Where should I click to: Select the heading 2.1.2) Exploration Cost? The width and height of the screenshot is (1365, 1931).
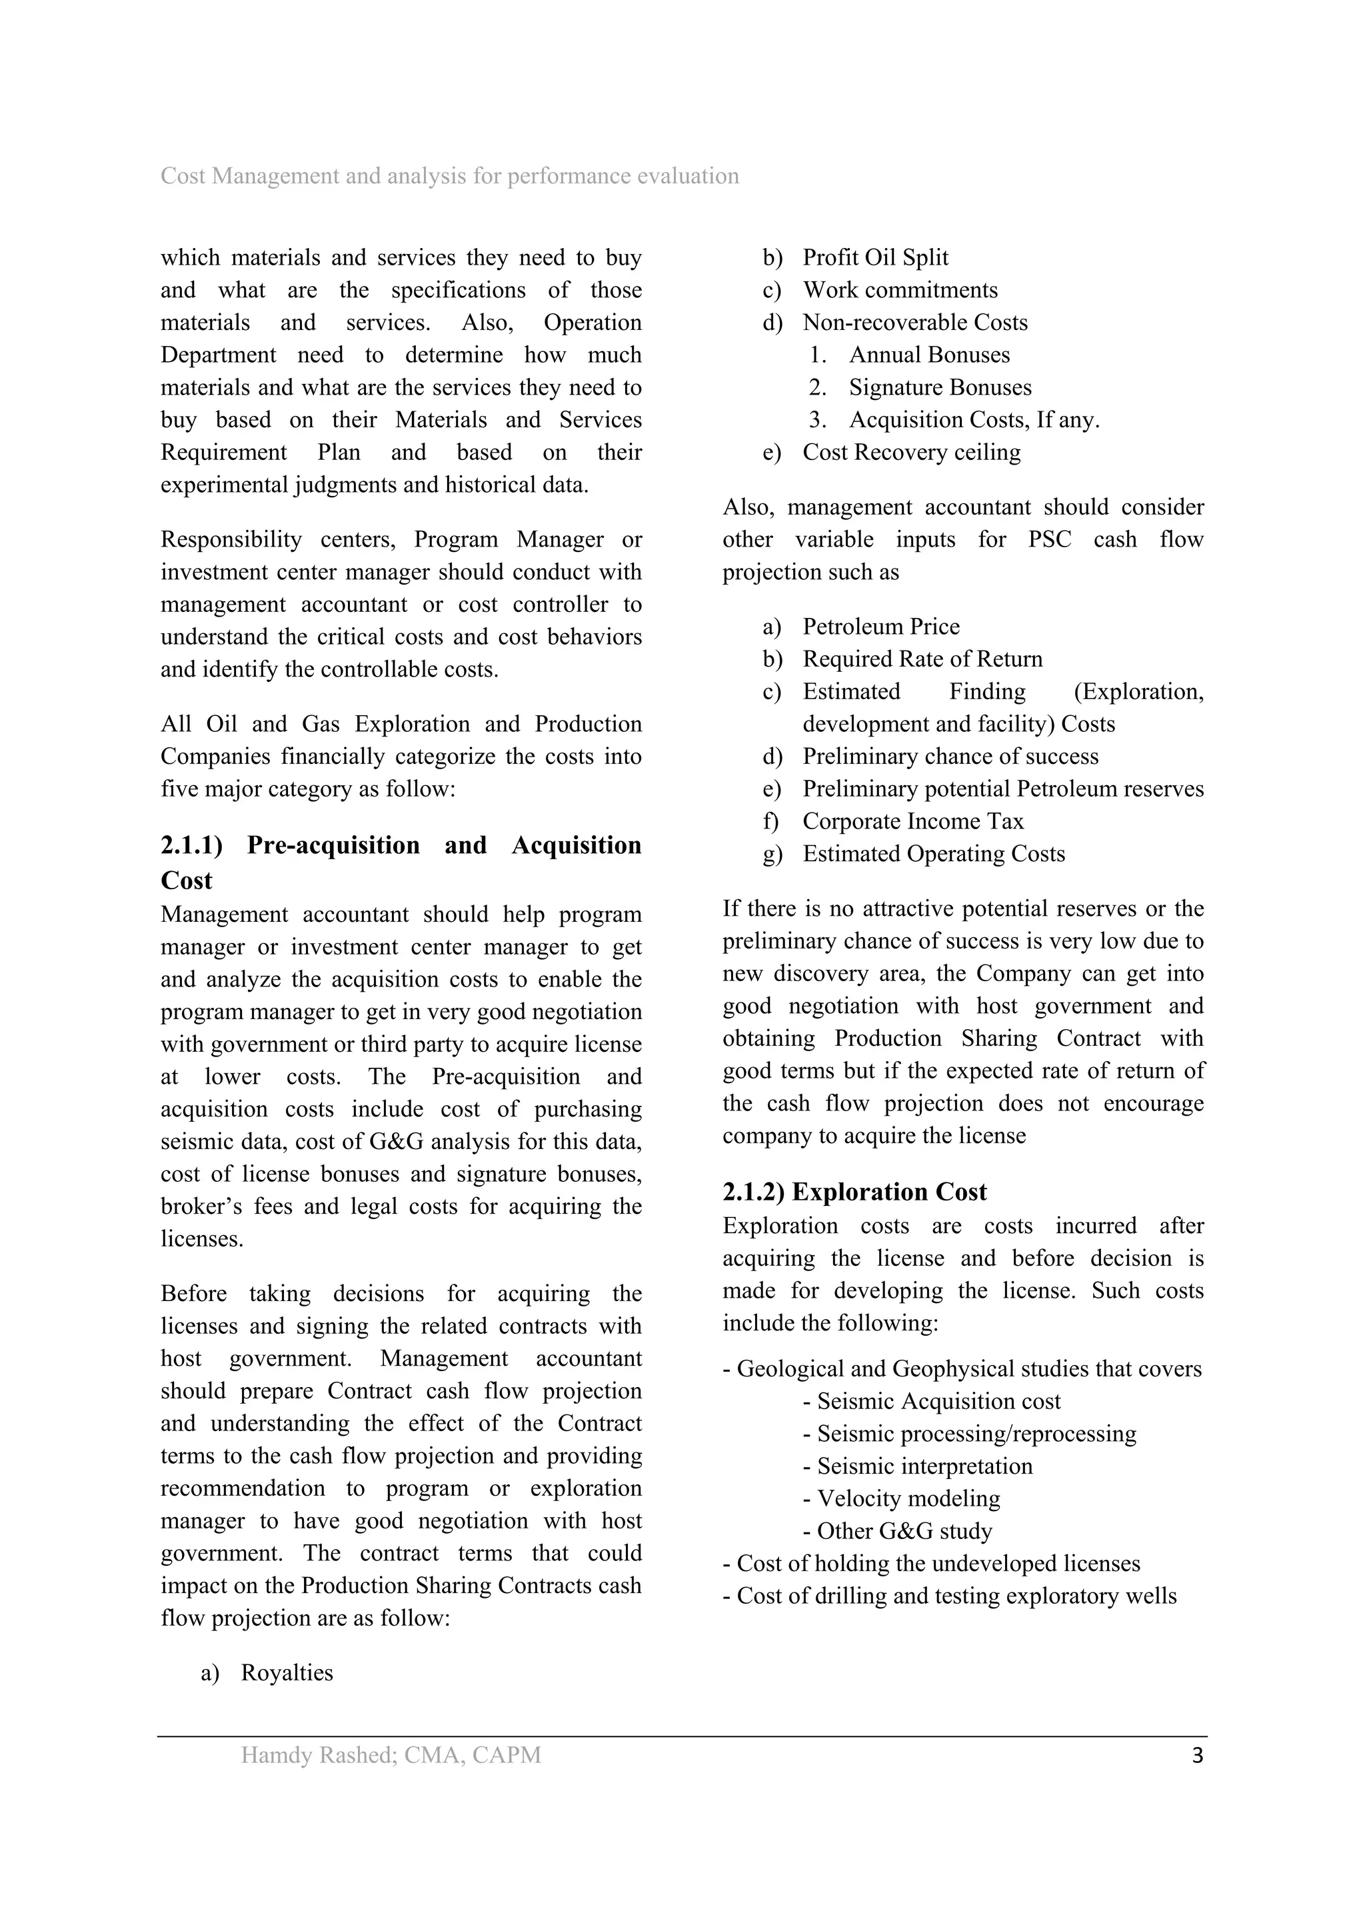pyautogui.click(x=854, y=1192)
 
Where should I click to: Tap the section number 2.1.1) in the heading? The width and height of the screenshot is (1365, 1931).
pyautogui.click(x=192, y=845)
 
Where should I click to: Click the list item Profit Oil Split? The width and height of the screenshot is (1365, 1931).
pyautogui.click(x=874, y=257)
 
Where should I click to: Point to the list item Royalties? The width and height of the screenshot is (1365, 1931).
pyautogui.click(x=287, y=1673)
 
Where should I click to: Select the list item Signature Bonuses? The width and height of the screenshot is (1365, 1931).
pyautogui.click(x=939, y=388)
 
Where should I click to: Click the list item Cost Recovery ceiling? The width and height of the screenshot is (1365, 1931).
pyautogui.click(x=911, y=453)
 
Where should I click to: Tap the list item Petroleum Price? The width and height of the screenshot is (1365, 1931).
pyautogui.click(x=880, y=627)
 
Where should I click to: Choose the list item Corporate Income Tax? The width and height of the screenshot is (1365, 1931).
pyautogui.click(x=912, y=822)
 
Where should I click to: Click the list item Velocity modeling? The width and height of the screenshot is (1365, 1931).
pyautogui.click(x=908, y=1498)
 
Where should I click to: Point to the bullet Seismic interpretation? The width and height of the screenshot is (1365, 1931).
pyautogui.click(x=924, y=1466)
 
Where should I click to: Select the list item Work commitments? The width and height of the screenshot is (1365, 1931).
pyautogui.click(x=900, y=290)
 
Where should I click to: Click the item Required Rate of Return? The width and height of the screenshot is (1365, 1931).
pyautogui.click(x=922, y=659)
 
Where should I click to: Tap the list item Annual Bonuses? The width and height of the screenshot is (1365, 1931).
pyautogui.click(x=928, y=355)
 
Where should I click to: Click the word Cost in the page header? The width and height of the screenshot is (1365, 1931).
pyautogui.click(x=183, y=176)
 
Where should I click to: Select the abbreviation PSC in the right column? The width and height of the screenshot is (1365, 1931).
pyautogui.click(x=1050, y=540)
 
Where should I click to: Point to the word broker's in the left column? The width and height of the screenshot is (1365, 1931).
pyautogui.click(x=196, y=1207)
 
